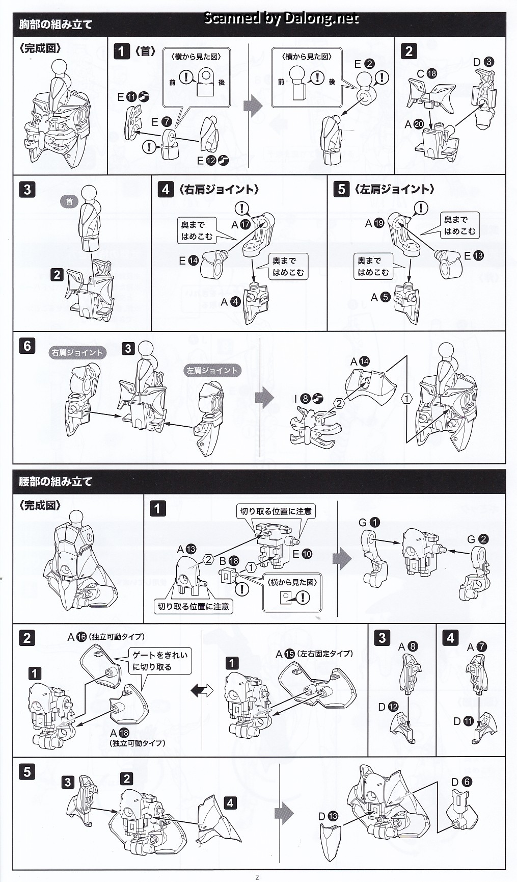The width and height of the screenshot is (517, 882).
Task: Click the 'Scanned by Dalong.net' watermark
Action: click(x=281, y=18)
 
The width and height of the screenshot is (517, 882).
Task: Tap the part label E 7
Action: click(x=161, y=122)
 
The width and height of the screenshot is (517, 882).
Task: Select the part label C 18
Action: click(x=426, y=73)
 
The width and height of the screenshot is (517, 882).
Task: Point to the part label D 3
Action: click(x=483, y=62)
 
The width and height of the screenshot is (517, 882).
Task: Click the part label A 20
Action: click(x=414, y=124)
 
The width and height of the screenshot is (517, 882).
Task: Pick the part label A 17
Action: click(x=240, y=224)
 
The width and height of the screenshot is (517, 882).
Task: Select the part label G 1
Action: click(x=369, y=522)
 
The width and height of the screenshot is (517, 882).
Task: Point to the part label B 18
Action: click(x=228, y=560)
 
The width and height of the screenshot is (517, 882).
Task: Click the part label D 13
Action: click(x=328, y=816)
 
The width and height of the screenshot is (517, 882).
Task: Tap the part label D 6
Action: click(x=461, y=782)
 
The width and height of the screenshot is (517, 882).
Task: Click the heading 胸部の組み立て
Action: click(x=56, y=24)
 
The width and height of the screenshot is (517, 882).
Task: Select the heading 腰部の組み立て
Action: click(x=56, y=481)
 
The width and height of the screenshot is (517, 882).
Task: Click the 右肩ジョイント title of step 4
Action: click(x=219, y=189)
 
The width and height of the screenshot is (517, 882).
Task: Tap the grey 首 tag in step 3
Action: click(x=69, y=201)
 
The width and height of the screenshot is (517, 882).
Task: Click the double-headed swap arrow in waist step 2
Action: click(x=202, y=690)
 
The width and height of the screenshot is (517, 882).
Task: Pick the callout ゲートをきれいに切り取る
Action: click(x=159, y=660)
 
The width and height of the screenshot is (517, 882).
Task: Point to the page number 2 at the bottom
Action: click(x=257, y=877)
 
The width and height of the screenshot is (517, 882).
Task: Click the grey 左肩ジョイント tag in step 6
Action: click(x=212, y=371)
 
